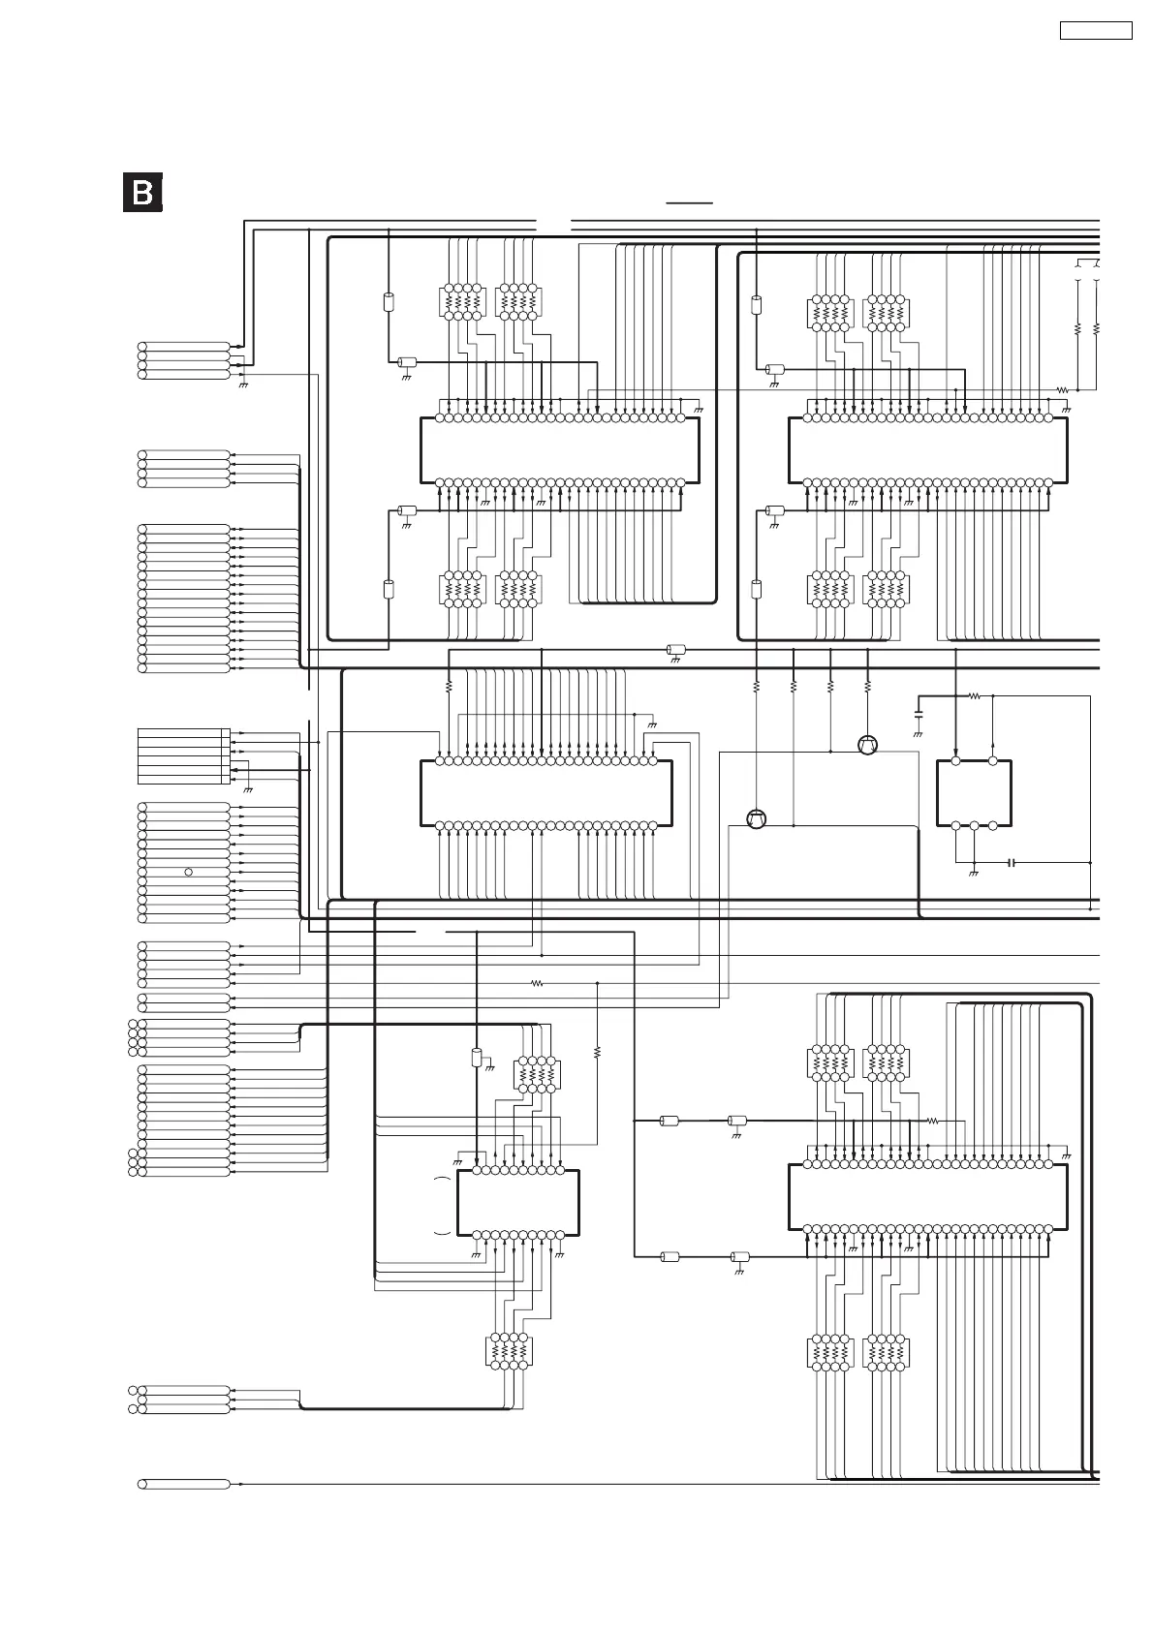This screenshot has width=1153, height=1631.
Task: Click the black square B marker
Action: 142,192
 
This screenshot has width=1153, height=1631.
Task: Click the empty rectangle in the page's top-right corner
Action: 1096,30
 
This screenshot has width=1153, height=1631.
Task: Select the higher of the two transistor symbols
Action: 867,745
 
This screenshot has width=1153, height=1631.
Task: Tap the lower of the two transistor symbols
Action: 757,819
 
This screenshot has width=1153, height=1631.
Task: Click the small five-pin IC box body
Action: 974,793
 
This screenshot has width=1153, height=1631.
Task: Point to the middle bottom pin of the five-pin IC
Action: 974,825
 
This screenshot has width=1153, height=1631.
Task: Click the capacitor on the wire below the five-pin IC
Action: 1012,862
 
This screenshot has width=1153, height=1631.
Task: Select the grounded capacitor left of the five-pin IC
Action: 919,716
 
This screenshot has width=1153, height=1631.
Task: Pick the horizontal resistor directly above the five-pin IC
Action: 975,695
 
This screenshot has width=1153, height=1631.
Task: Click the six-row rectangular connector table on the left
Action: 183,756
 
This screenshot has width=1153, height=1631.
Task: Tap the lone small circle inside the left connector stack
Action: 188,872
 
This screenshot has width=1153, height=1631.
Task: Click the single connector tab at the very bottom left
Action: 184,1484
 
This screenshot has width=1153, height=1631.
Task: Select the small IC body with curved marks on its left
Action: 517,1203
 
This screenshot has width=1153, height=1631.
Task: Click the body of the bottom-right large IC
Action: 927,1196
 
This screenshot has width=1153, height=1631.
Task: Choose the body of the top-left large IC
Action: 559,450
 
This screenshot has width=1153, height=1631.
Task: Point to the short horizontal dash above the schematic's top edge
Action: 689,203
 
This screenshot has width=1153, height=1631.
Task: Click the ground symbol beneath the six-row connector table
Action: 249,789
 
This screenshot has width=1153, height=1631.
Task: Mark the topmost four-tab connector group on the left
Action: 184,359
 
